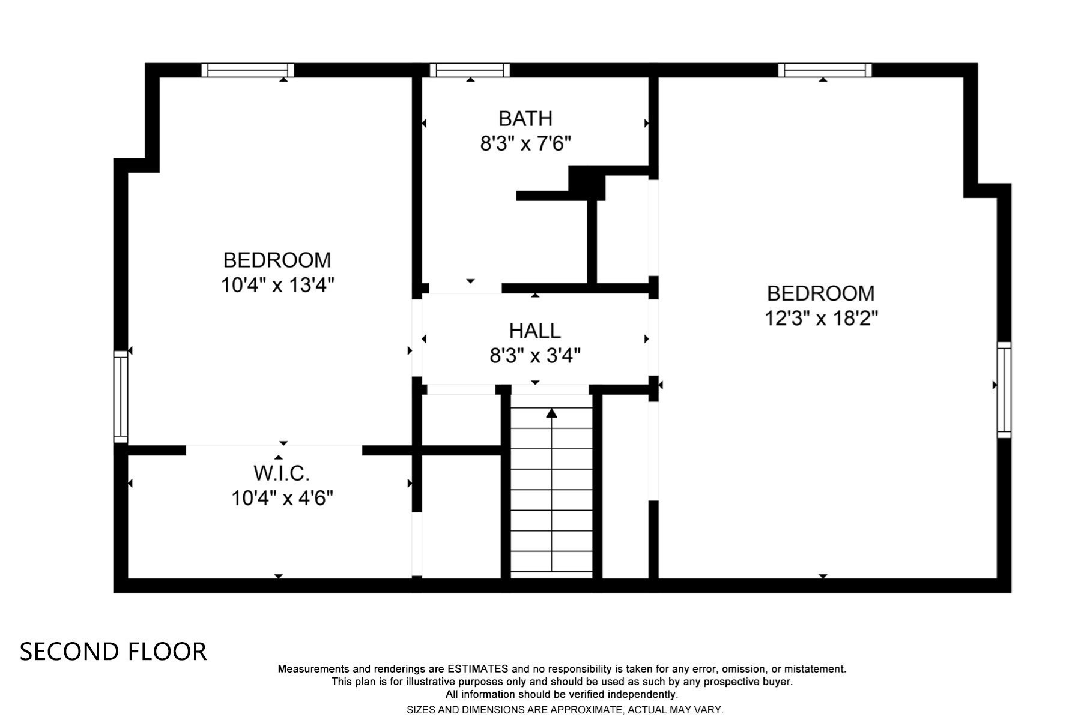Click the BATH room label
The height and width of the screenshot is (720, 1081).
click(525, 119)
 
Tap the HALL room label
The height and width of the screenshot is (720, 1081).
click(534, 331)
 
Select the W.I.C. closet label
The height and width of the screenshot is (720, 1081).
click(282, 473)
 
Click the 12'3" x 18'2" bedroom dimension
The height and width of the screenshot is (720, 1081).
click(821, 318)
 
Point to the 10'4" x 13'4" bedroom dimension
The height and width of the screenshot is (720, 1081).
click(277, 285)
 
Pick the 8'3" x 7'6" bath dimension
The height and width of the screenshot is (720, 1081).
click(525, 144)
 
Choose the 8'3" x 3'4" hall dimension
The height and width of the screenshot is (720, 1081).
click(534, 356)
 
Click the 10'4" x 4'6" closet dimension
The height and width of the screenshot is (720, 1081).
click(282, 498)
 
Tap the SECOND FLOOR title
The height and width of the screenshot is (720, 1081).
click(114, 652)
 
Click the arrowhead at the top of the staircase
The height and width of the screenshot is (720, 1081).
click(551, 413)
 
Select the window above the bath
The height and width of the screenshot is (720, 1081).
click(470, 70)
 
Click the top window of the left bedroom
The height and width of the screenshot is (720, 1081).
click(247, 70)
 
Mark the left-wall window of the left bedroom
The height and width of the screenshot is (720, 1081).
click(121, 397)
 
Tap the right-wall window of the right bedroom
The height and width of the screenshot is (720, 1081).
click(1004, 389)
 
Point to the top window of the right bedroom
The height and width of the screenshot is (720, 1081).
click(825, 70)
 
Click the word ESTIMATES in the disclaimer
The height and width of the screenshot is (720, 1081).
click(477, 669)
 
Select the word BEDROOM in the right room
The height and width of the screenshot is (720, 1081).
click(821, 293)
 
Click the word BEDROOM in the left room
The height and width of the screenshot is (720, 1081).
click(277, 260)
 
